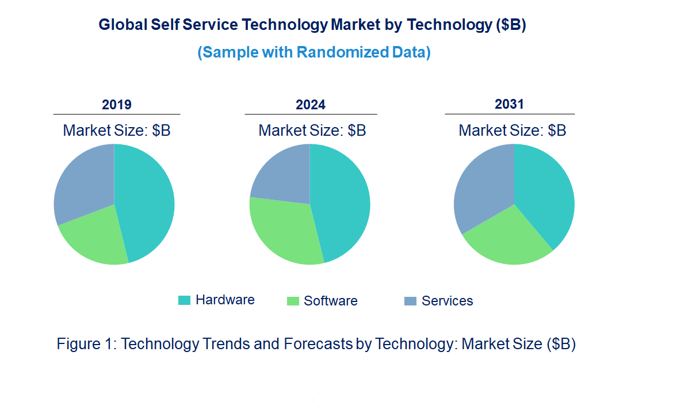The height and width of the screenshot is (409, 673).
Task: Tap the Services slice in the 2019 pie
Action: [x=83, y=181]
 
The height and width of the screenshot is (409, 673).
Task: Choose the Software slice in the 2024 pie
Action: [x=285, y=230]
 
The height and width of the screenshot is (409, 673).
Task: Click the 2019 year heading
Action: [x=117, y=105]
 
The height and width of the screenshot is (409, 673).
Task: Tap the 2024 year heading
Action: [x=311, y=105]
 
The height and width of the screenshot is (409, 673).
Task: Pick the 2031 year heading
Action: [x=510, y=104]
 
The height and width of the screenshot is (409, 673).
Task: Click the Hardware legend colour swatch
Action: [x=184, y=300]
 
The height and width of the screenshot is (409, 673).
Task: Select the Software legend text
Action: [x=331, y=301]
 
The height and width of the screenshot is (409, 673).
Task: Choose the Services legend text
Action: [x=447, y=301]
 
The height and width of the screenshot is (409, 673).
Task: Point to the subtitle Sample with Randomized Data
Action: [x=314, y=52]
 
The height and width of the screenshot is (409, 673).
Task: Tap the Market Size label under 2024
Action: [x=312, y=131]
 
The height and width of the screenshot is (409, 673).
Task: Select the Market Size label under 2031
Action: [x=512, y=131]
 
